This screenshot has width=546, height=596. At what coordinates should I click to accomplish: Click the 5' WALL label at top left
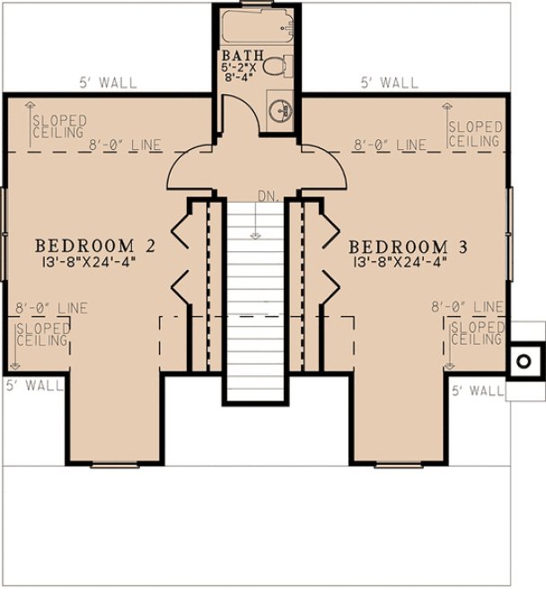107,83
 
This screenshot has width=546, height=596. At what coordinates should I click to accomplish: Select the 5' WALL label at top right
389,83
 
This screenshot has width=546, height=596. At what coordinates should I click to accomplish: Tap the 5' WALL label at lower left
34,386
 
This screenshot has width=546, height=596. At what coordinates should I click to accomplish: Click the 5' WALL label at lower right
478,390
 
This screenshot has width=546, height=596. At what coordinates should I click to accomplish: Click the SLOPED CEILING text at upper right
473,135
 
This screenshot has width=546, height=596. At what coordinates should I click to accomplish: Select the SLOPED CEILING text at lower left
44,334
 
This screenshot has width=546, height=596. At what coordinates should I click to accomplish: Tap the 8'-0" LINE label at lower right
467,307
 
